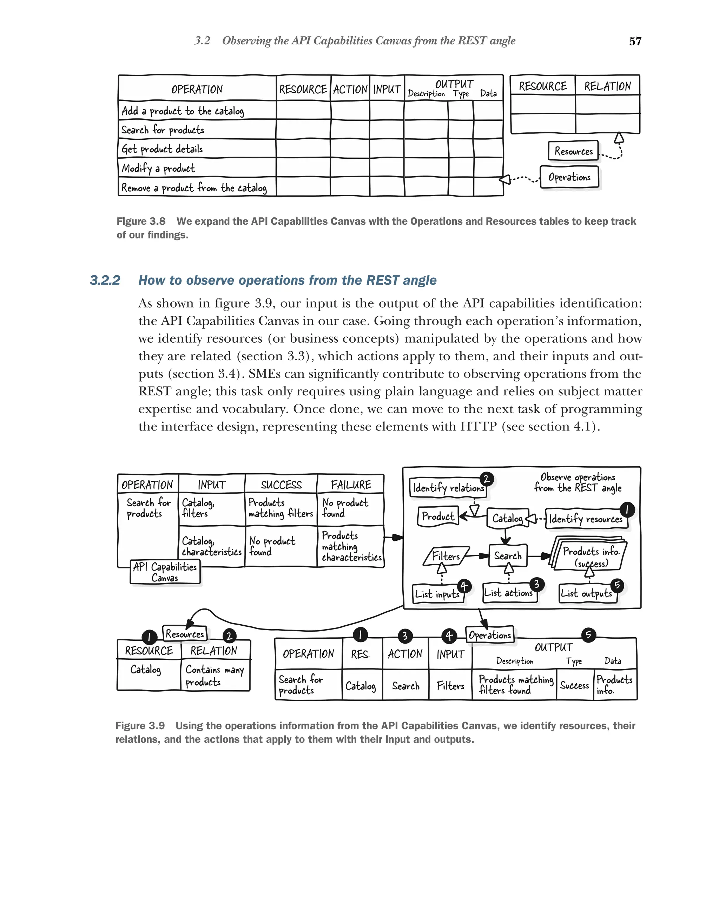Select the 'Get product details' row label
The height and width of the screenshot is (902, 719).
tap(162, 149)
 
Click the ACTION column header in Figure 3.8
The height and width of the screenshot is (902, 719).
tap(350, 89)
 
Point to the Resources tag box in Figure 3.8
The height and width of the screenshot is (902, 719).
tap(573, 151)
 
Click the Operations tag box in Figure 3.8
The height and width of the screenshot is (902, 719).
tap(569, 177)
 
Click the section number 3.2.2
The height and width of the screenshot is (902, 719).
tap(105, 280)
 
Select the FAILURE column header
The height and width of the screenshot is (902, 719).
tap(350, 485)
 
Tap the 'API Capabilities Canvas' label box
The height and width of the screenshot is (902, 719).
tap(165, 572)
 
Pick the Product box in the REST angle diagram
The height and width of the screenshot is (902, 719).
tap(437, 516)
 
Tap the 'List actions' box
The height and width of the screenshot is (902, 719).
tap(508, 593)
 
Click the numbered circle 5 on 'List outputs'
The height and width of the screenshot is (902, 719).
tap(617, 585)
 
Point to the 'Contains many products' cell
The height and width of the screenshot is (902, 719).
tap(215, 675)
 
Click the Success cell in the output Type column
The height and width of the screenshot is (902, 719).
tap(574, 685)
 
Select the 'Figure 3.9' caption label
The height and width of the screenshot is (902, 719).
tap(140, 725)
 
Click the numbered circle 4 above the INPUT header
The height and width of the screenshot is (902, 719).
tap(448, 636)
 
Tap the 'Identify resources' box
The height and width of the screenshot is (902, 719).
tap(586, 519)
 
